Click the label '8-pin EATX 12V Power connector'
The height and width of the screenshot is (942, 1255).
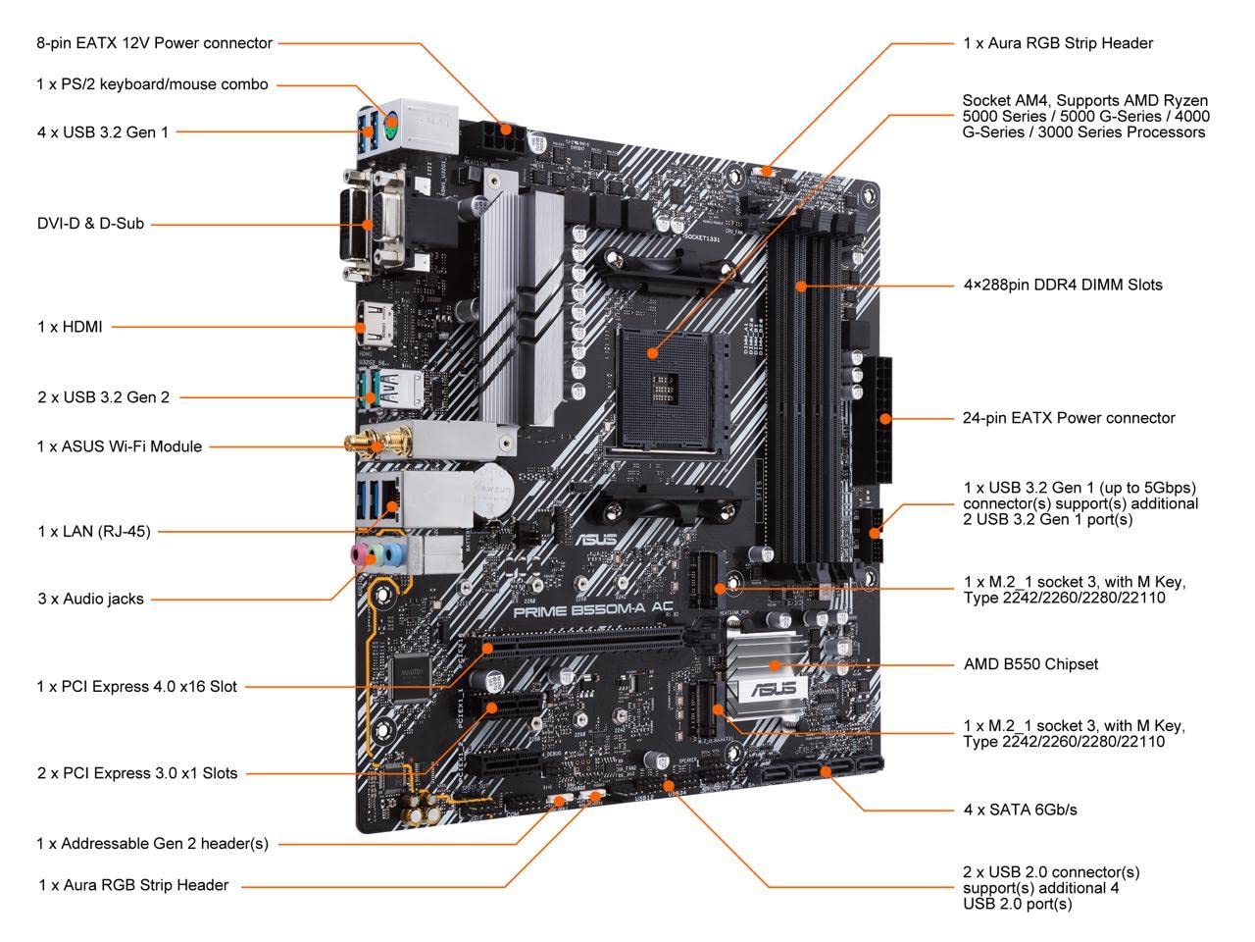coord(154,43)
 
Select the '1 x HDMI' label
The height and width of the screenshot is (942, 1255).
coord(70,327)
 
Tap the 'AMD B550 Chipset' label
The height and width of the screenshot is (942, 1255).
coord(1030,664)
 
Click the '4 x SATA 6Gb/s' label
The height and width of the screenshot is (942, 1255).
coord(1020,810)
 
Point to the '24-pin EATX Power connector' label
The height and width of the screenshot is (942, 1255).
coord(1069,418)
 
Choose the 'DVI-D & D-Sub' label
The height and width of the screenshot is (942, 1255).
coord(90,224)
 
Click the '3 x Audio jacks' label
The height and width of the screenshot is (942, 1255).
coord(90,599)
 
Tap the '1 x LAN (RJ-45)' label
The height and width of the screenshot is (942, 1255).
coord(94,532)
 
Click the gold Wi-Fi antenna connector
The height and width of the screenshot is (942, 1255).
coord(373,445)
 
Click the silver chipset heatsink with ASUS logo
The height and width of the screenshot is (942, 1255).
coord(770,667)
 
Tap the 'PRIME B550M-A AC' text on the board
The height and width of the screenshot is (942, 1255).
coord(594,607)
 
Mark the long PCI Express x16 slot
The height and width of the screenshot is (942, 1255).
coord(583,645)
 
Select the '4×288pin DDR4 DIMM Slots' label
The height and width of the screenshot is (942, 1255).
coord(1063,286)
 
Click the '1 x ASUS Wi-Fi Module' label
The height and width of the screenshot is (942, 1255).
coord(120,446)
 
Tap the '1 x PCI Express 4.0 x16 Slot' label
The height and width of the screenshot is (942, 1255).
coord(137,687)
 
